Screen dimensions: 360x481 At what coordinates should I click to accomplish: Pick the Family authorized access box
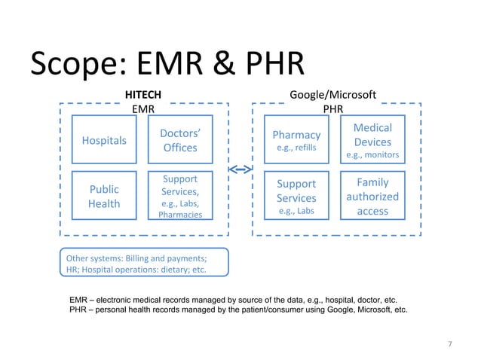click(x=372, y=196)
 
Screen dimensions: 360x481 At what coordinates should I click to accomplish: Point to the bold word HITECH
click(x=142, y=94)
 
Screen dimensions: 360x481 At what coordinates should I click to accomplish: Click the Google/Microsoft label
click(x=333, y=94)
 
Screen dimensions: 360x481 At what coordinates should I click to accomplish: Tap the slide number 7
click(x=449, y=345)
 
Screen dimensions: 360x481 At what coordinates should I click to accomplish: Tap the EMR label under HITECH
click(x=142, y=108)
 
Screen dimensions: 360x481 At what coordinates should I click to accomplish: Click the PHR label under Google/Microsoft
click(x=333, y=108)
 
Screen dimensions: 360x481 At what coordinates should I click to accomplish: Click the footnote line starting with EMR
click(x=232, y=299)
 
